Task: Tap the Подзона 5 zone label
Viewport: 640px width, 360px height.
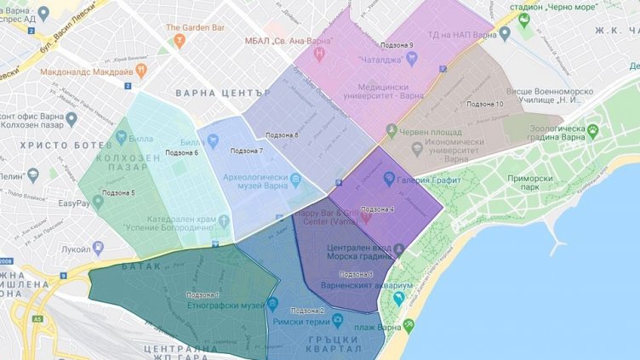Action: tap(117, 193)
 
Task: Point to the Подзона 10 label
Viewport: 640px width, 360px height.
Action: tap(487, 104)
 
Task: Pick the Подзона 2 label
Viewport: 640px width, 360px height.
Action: tap(307, 310)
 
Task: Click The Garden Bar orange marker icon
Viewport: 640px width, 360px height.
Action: tap(177, 40)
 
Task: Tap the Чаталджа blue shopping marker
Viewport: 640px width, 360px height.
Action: tap(413, 59)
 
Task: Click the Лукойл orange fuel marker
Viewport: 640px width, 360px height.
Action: tap(98, 247)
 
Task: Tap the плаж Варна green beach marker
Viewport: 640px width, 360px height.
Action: tap(409, 325)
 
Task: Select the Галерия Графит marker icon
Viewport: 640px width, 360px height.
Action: tap(389, 179)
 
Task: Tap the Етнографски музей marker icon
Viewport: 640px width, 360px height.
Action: tap(273, 304)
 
